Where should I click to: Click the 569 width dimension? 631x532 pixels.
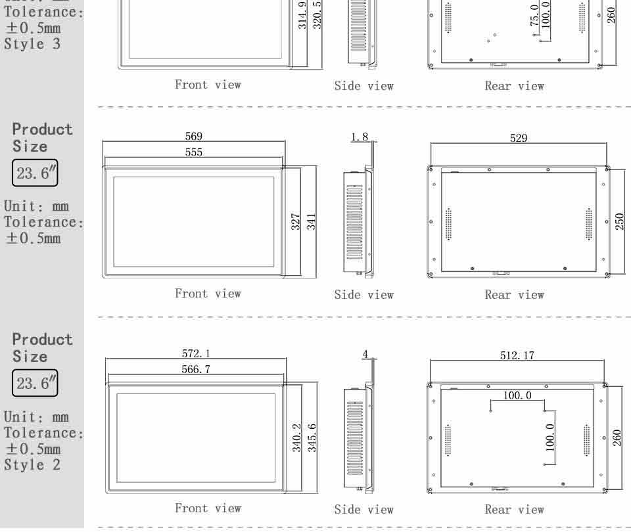tap(193, 137)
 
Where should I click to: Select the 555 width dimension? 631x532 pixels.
tap(193, 152)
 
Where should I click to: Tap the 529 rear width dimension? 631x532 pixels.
tap(519, 139)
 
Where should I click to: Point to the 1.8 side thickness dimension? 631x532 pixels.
tap(360, 137)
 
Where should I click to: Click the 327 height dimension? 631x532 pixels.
tap(296, 221)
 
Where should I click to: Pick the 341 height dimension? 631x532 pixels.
tap(311, 221)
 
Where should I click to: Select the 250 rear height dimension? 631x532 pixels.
tap(619, 221)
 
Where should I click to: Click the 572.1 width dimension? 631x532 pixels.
tap(196, 354)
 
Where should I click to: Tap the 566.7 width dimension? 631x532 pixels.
tap(196, 370)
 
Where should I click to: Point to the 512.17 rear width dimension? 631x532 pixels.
tap(517, 355)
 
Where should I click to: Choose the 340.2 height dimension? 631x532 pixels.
tap(296, 437)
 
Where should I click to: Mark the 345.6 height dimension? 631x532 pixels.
tap(312, 437)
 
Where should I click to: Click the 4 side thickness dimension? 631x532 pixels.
tap(365, 355)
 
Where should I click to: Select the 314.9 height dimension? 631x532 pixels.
tap(302, 15)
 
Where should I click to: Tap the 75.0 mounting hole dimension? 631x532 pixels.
tap(534, 15)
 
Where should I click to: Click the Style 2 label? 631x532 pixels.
tap(32, 465)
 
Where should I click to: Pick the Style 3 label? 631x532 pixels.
tap(32, 44)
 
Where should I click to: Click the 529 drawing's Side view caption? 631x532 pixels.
tap(363, 295)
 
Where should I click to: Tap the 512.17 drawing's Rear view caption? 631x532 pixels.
tap(514, 510)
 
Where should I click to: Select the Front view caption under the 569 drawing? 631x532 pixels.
tap(208, 294)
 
